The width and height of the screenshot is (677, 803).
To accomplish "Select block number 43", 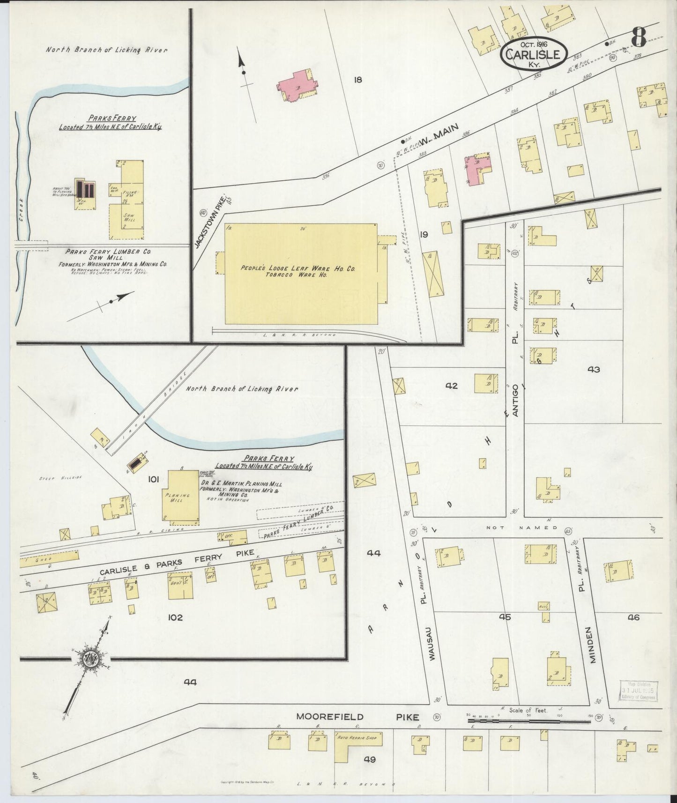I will click(x=594, y=369).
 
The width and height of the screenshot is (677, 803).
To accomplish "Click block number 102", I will click(x=176, y=617).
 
